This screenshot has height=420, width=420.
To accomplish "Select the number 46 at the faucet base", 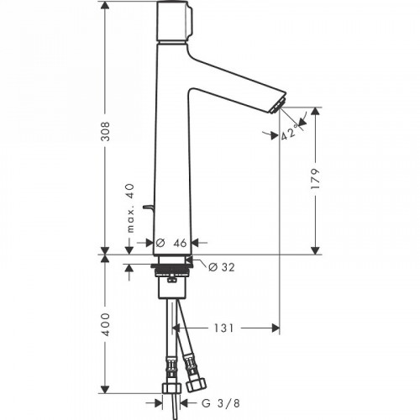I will click(x=179, y=242).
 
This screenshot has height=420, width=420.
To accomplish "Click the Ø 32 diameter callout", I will click(x=217, y=266).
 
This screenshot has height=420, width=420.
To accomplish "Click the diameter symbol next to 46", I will click(x=159, y=242).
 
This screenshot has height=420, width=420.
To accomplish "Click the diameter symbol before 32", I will click(x=202, y=266).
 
